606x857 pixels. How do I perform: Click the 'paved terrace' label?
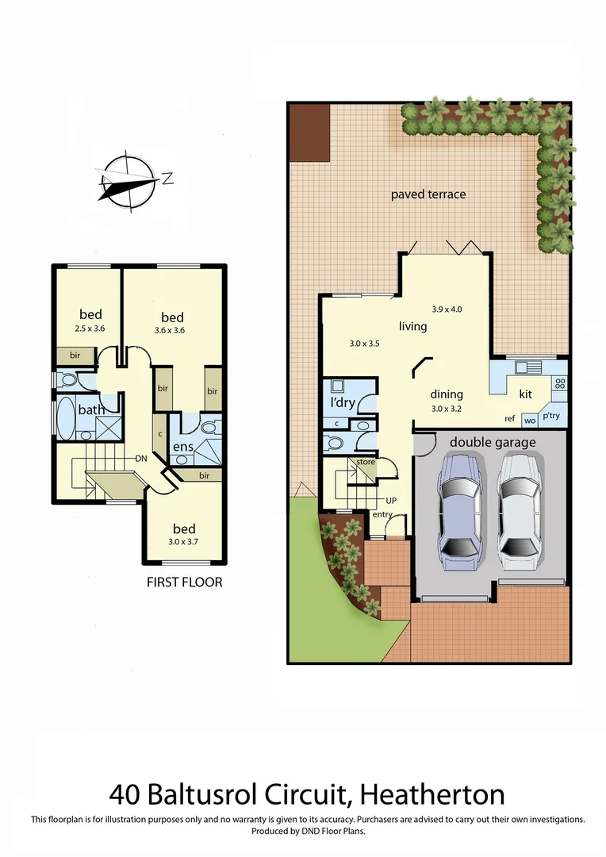click(x=428, y=194)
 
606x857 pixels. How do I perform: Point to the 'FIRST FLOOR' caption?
click(x=184, y=582)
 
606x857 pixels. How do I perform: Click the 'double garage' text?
click(x=493, y=442)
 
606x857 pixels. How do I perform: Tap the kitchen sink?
click(x=525, y=367)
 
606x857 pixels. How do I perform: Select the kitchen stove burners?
click(x=560, y=384)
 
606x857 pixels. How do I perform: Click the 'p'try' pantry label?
click(x=552, y=417)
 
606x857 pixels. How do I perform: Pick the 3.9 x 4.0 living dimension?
click(x=447, y=309)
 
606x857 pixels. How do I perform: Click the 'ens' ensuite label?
click(x=184, y=448)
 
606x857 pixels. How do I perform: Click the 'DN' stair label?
click(x=141, y=459)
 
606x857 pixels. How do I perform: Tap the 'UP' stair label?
click(x=391, y=501)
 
